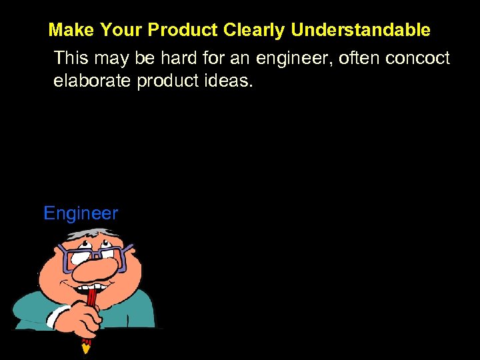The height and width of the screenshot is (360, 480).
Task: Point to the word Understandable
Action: (x=361, y=30)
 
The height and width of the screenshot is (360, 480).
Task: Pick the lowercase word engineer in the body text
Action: (x=294, y=59)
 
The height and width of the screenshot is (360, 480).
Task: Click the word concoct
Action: (x=419, y=59)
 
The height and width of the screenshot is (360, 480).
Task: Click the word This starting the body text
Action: (x=71, y=59)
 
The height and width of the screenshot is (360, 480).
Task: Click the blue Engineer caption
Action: (x=80, y=214)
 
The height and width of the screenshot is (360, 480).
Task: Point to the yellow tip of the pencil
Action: (x=85, y=347)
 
